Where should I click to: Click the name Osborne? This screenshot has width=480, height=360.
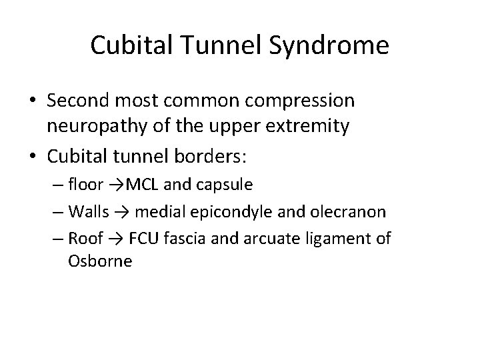[x=100, y=261]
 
